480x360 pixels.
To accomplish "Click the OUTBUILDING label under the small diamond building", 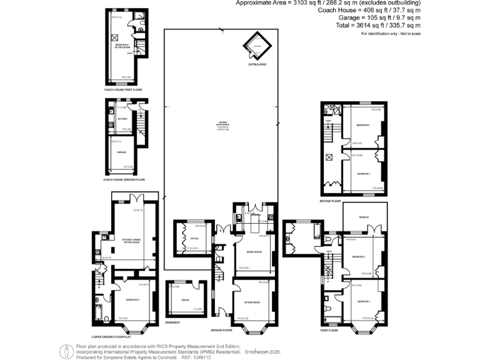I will pyautogui.click(x=257, y=64).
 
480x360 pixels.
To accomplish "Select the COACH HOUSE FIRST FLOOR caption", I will pyautogui.click(x=123, y=90).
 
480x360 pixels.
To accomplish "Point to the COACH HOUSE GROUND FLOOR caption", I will pyautogui.click(x=125, y=180).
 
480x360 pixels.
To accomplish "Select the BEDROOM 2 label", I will pyautogui.click(x=358, y=257).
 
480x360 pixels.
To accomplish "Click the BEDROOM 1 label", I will pyautogui.click(x=363, y=302).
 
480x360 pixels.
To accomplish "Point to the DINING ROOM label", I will pyautogui.click(x=252, y=252).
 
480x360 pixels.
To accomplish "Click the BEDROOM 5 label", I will pyautogui.click(x=133, y=300).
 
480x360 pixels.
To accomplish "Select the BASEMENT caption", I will pyautogui.click(x=172, y=322).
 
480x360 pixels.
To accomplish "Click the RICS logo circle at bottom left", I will pyautogui.click(x=66, y=351).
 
